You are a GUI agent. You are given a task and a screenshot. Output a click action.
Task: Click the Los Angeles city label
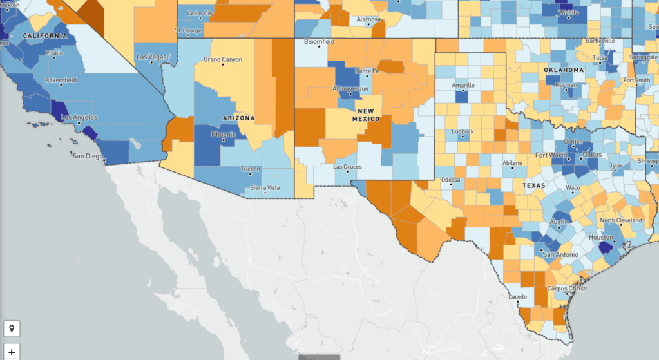pos(79,117)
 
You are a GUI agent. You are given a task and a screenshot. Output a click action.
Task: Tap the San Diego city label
pos(87,156)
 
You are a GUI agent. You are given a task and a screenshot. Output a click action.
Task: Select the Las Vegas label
pos(151,57)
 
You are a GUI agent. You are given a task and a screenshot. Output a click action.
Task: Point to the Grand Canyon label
pos(223,59)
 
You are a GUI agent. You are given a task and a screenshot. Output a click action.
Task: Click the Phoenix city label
pos(224,135)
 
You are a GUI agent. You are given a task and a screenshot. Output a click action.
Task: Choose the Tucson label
pos(251,169)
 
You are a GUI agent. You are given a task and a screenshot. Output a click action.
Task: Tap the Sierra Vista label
pos(265,188)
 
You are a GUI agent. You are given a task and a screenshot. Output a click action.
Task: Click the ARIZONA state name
pos(238,118)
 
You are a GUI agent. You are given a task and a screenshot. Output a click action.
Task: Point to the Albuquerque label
pos(350,88)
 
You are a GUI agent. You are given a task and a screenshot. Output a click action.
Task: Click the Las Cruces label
pos(347,167)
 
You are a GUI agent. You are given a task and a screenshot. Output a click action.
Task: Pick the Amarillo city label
pos(463,85)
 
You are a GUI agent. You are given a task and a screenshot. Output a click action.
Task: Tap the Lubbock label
pos(463,131)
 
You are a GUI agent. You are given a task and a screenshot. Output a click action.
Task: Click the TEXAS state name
pos(533,185)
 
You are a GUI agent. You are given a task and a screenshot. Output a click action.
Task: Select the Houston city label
pos(602,237)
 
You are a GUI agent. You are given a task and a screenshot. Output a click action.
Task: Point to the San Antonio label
pos(557,254)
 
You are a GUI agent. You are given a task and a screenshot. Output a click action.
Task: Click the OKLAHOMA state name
pos(564,70)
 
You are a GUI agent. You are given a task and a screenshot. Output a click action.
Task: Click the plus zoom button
pos(12,352)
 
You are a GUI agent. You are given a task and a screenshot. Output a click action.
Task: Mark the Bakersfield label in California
pos(61,80)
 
